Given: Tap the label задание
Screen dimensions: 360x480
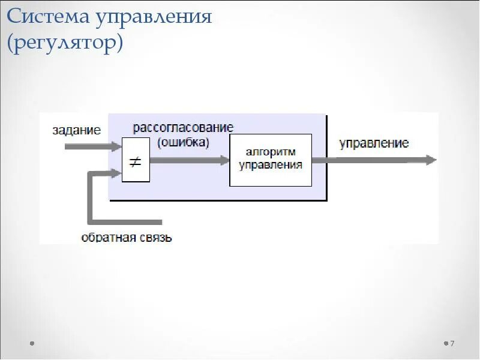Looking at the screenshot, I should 76,130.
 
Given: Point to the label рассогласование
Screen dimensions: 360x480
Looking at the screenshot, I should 183,128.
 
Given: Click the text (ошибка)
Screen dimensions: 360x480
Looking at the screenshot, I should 183,143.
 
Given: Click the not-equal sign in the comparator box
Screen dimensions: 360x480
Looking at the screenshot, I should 136,161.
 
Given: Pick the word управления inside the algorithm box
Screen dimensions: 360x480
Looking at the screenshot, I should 271,164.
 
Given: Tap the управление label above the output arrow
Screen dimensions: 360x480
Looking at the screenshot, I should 374,143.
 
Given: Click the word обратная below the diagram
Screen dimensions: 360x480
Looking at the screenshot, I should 108,238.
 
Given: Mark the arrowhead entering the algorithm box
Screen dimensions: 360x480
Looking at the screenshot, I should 224,160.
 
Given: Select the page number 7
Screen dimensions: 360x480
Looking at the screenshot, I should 452,344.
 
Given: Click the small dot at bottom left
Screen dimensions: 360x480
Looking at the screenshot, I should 31,344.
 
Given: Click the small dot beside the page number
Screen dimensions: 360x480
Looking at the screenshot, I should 446,344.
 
